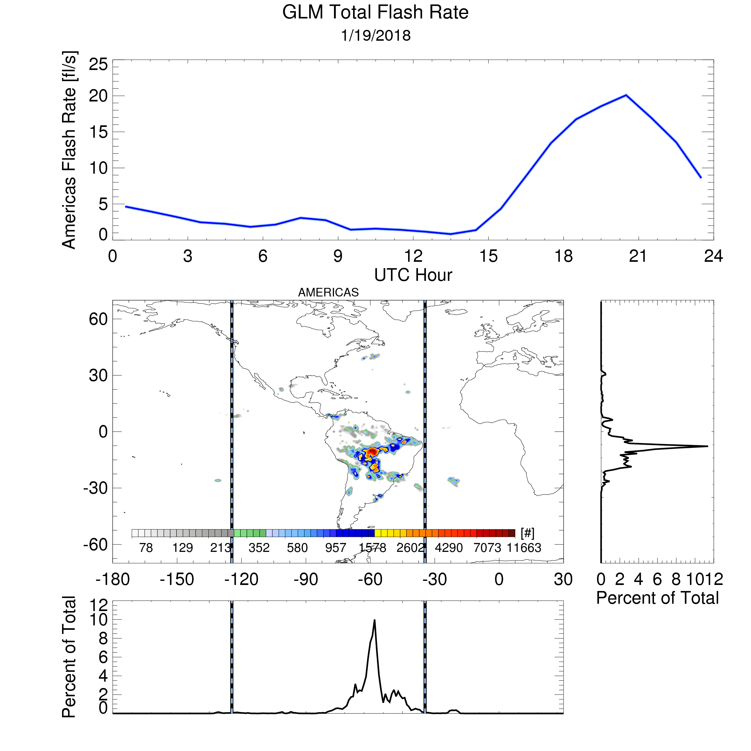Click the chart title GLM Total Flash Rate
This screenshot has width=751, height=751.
pyautogui.click(x=375, y=12)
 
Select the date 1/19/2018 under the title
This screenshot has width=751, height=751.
pyautogui.click(x=375, y=36)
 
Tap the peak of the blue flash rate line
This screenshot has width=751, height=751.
pyautogui.click(x=626, y=95)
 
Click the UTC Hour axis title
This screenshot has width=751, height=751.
pyautogui.click(x=413, y=275)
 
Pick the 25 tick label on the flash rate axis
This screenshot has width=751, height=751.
pyautogui.click(x=98, y=64)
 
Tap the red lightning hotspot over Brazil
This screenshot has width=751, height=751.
pyautogui.click(x=372, y=451)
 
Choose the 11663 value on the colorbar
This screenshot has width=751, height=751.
pyautogui.click(x=524, y=548)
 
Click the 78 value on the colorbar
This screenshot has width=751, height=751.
pyautogui.click(x=146, y=548)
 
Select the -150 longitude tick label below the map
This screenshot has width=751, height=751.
pyautogui.click(x=177, y=580)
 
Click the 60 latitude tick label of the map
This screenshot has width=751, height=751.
pyautogui.click(x=98, y=319)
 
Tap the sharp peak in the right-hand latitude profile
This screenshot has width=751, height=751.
pyautogui.click(x=707, y=446)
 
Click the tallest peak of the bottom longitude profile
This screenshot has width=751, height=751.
pyautogui.click(x=374, y=620)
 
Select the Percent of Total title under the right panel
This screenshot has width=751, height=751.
pyautogui.click(x=657, y=598)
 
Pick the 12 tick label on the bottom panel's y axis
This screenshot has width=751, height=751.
pyautogui.click(x=98, y=605)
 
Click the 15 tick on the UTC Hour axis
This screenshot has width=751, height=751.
pyautogui.click(x=488, y=256)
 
